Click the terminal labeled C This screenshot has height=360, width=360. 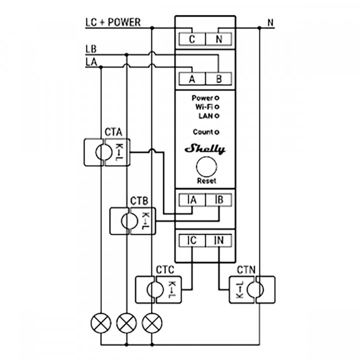tap(191, 39)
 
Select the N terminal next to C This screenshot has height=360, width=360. tap(218, 39)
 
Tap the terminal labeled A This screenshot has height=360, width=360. tap(191, 79)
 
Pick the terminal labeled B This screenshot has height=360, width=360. tap(218, 79)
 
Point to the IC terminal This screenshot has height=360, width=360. tap(191, 240)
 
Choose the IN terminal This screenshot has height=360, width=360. tap(218, 240)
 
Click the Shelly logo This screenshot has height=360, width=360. tap(205, 149)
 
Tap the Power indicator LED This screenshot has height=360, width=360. tap(217, 98)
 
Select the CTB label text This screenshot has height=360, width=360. tap(139, 201)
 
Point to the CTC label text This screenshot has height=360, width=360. tap(165, 270)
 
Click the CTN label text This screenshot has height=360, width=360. tap(246, 270)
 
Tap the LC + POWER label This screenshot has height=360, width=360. tap(113, 22)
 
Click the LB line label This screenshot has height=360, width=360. tap(91, 49)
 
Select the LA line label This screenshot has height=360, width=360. tap(91, 62)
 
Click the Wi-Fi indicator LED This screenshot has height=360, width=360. tap(217, 107)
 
